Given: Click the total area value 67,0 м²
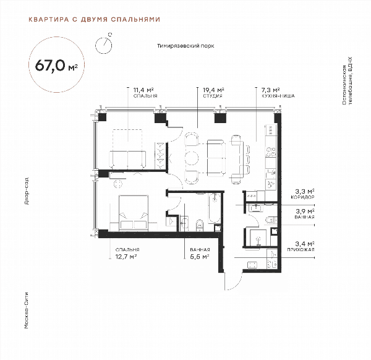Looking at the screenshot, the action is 56,66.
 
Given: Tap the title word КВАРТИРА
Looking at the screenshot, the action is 49,19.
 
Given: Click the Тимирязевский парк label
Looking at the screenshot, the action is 185,46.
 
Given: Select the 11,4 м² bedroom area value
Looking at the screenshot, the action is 143,90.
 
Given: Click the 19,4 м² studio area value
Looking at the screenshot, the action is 213,90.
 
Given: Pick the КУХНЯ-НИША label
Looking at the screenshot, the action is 278,96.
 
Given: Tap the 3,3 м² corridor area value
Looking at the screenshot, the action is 304,191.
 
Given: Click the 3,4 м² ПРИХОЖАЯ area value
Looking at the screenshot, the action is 304,244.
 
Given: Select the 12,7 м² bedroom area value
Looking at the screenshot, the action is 126,256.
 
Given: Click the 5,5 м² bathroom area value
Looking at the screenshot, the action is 200,256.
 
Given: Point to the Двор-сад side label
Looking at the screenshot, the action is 27,191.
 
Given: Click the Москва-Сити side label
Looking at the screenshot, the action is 27,311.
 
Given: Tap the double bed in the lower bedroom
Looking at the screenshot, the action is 134,213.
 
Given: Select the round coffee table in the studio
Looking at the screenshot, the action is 192,157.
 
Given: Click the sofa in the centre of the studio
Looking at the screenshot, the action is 216,158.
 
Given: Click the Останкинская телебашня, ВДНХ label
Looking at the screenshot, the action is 347,80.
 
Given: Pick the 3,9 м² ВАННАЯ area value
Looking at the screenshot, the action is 304,211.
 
